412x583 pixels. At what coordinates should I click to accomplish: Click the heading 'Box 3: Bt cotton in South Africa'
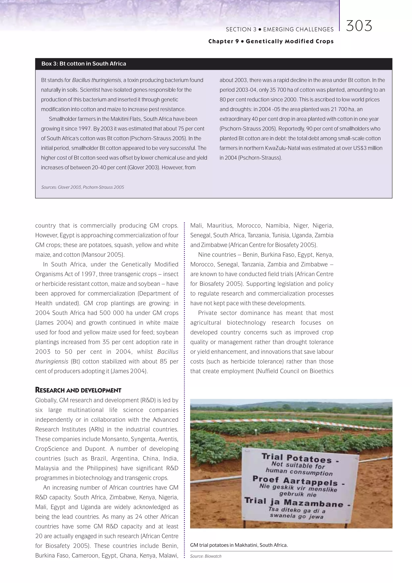(84, 64)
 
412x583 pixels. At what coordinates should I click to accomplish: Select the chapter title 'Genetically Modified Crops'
(289, 41)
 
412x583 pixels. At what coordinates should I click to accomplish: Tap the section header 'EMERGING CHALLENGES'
(298, 29)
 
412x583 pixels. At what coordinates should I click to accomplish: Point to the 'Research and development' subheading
(78, 390)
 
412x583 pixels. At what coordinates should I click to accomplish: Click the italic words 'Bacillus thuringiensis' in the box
(97, 80)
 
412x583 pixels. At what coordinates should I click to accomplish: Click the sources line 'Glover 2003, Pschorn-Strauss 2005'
(83, 187)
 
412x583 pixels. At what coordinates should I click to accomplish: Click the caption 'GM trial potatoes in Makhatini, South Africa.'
(239, 545)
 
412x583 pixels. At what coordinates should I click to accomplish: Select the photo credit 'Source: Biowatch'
(206, 556)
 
